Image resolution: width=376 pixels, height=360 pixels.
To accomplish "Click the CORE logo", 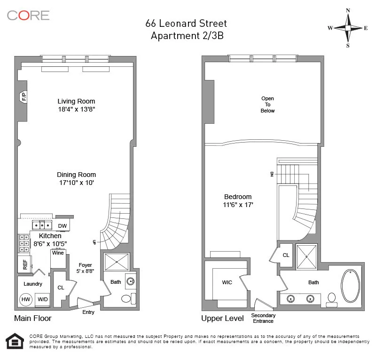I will [28, 15].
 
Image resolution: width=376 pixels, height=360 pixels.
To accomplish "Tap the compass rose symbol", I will [348, 28].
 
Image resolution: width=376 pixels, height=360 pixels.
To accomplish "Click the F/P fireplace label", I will [23, 97].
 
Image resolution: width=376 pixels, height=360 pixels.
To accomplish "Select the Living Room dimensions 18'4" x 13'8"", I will [76, 109].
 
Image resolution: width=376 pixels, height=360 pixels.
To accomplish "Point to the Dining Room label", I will [76, 174].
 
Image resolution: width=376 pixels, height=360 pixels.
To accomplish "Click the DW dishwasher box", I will [63, 226].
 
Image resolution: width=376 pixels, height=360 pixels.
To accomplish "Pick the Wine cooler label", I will [58, 253].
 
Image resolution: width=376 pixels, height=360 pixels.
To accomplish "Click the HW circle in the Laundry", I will [25, 299].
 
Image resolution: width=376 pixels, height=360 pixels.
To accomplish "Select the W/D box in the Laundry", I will [42, 299].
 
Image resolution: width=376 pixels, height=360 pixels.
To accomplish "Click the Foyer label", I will [85, 265].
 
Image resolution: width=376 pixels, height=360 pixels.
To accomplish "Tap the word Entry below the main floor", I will [88, 312].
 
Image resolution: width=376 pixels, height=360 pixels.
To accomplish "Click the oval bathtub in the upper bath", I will [351, 286].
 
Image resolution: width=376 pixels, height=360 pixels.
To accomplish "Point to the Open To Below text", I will [268, 104].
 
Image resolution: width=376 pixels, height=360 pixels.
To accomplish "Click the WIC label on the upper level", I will [227, 283].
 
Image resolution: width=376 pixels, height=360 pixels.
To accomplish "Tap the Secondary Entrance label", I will [263, 318].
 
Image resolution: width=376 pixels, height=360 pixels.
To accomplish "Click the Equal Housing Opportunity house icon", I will [15, 342].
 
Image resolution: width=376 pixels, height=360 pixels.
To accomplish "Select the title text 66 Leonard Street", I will [187, 24].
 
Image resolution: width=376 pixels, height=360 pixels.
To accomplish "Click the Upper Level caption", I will [222, 319].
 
